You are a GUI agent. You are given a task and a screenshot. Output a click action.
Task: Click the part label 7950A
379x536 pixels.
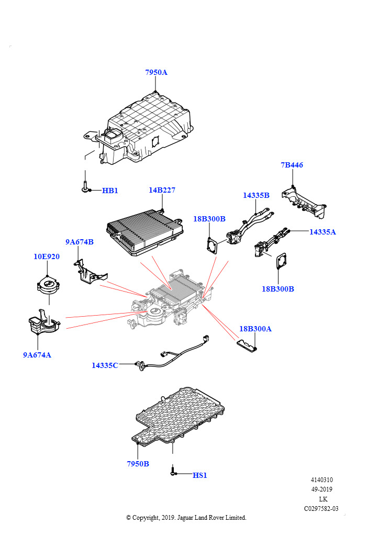pyautogui.click(x=156, y=72)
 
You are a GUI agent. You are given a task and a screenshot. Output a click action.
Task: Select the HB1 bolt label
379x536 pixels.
pyautogui.click(x=110, y=191)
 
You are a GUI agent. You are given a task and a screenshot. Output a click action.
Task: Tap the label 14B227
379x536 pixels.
pyautogui.click(x=162, y=190)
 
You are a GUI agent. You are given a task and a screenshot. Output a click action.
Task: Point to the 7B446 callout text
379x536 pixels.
pyautogui.click(x=292, y=165)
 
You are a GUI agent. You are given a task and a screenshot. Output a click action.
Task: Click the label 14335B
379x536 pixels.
pyautogui.click(x=256, y=195)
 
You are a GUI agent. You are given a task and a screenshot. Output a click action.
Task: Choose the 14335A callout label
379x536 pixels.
pyautogui.click(x=322, y=231)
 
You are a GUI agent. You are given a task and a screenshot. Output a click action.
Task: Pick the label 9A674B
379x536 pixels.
pyautogui.click(x=80, y=242)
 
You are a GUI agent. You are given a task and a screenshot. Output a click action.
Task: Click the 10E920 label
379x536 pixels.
pyautogui.click(x=47, y=256)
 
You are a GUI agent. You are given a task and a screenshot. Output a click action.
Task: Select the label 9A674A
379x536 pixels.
pyautogui.click(x=37, y=355)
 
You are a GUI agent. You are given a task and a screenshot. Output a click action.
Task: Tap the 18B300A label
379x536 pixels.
pyautogui.click(x=255, y=329)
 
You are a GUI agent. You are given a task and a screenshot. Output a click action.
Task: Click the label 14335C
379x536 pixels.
pyautogui.click(x=105, y=365)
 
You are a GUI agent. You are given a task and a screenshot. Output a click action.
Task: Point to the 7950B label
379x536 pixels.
pyautogui.click(x=138, y=464)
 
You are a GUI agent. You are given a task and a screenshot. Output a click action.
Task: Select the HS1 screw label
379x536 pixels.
pyautogui.click(x=200, y=475)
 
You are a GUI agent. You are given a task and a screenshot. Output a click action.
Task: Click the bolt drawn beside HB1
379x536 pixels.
pyautogui.click(x=84, y=188)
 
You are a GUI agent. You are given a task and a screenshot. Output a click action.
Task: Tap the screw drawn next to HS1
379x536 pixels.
pyautogui.click(x=172, y=471)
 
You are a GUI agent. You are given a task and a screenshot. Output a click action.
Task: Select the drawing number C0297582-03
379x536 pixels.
pyautogui.click(x=321, y=508)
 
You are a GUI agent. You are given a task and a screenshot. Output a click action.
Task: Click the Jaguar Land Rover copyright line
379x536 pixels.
pyautogui.click(x=186, y=518)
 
